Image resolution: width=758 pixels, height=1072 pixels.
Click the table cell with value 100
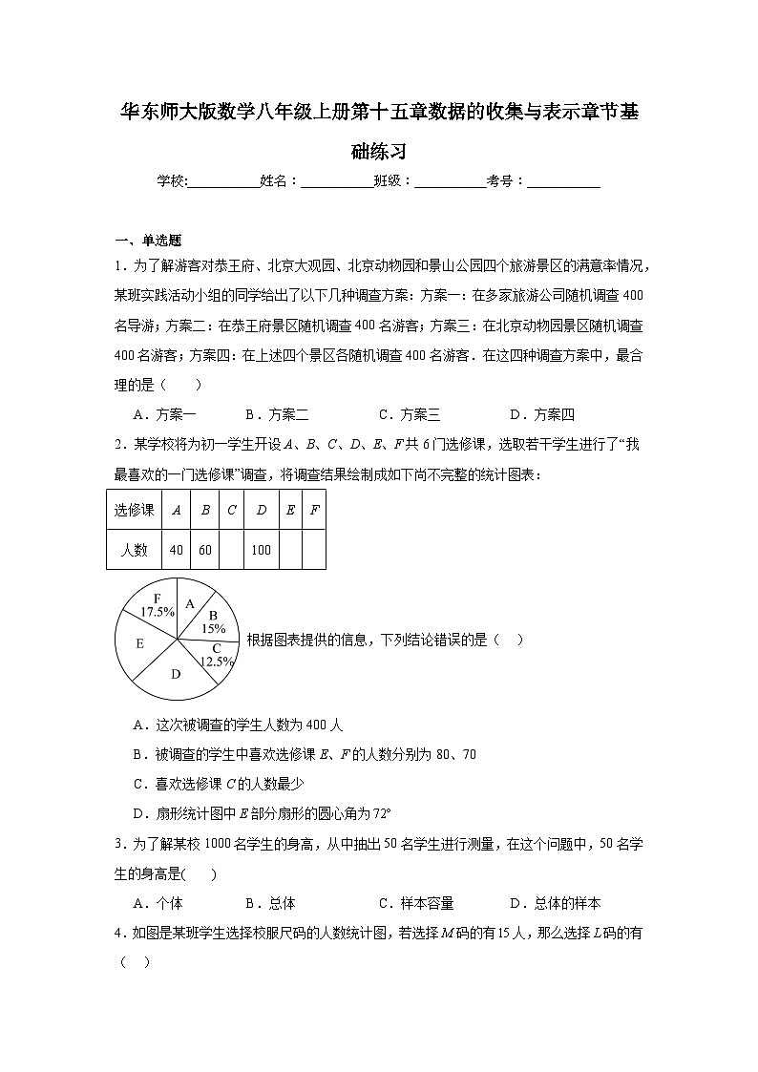(x=261, y=550)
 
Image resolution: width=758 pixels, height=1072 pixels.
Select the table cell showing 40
(x=176, y=550)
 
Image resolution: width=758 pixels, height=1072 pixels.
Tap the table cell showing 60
(x=204, y=550)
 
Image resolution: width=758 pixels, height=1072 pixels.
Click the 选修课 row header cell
(x=134, y=510)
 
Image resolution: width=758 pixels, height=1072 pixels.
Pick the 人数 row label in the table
(x=134, y=550)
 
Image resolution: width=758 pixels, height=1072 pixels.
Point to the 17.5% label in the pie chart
(x=157, y=611)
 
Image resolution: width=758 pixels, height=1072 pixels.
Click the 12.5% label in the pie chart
(x=217, y=661)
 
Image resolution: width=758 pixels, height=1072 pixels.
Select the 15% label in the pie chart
(x=213, y=628)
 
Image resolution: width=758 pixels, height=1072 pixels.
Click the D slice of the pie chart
(x=176, y=674)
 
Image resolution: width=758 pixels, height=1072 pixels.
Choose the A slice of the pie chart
(x=190, y=603)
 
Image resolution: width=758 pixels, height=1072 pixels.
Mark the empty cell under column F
(x=314, y=550)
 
